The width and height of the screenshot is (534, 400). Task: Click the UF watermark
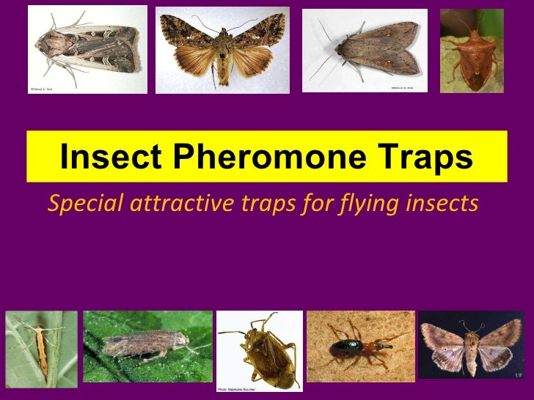click(519, 374)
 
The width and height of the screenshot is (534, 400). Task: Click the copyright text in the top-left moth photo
click(41, 89)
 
